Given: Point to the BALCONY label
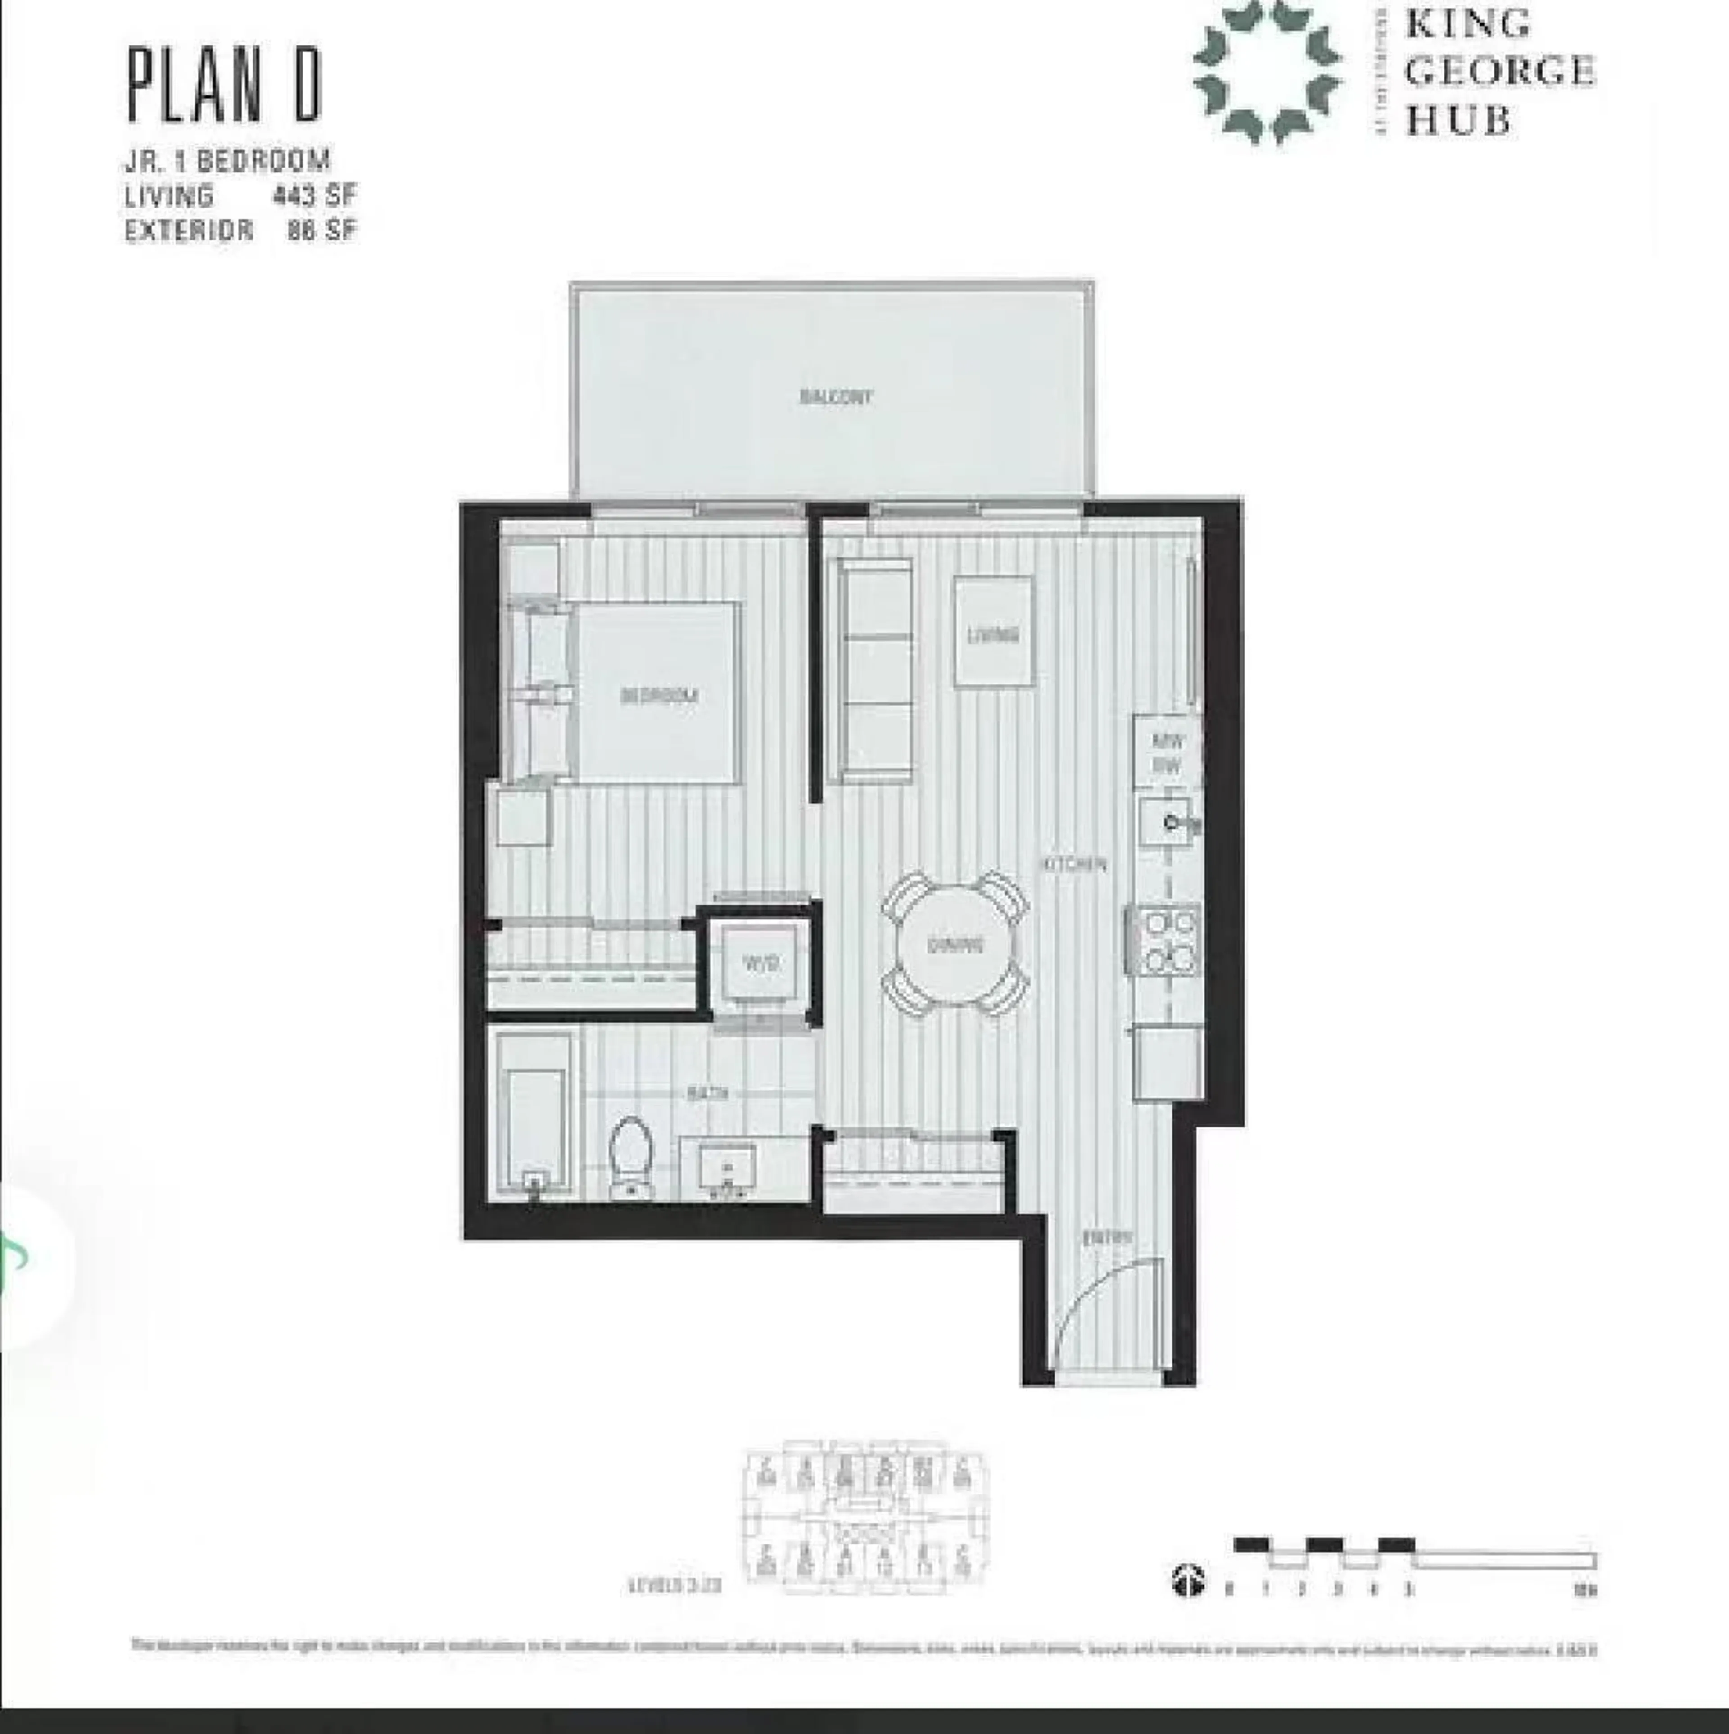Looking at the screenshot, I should click(x=835, y=397).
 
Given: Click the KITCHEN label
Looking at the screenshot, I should click(x=1074, y=865).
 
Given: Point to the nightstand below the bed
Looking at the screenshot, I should click(x=522, y=817).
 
